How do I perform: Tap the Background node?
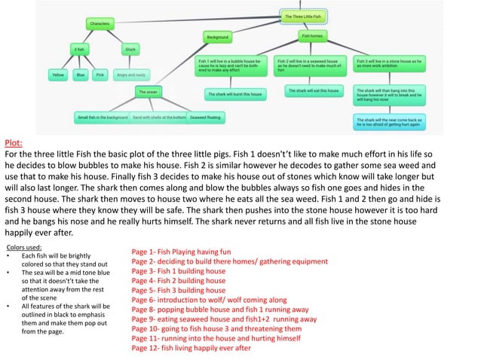218,36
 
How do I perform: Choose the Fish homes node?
312,35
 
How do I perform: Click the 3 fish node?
78,50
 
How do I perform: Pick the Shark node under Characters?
130,50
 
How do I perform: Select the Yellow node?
57,75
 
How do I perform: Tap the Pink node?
100,75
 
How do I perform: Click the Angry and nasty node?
131,75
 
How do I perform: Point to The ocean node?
148,92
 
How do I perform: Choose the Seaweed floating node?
205,117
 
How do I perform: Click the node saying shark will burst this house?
235,94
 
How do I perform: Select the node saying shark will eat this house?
313,91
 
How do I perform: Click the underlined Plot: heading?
14,142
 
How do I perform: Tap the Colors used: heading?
24,246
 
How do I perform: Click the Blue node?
80,75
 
